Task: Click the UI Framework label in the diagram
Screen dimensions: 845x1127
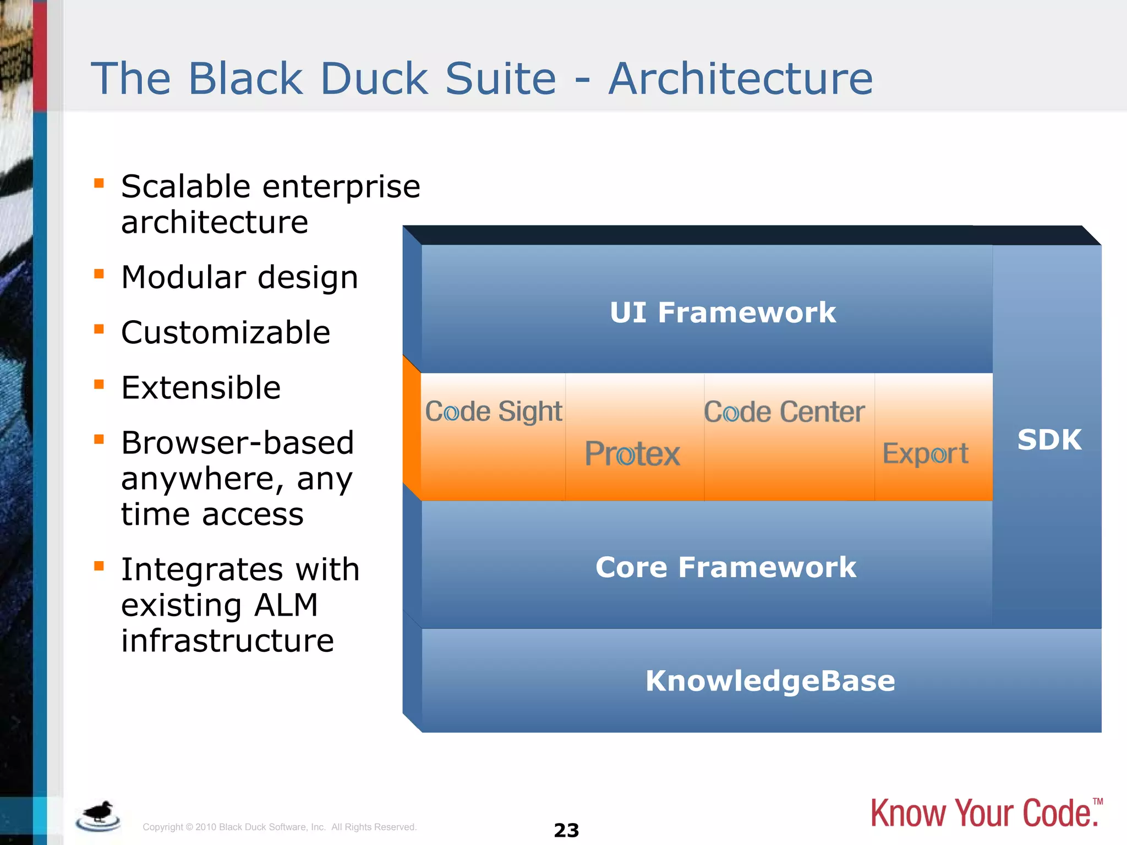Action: (723, 312)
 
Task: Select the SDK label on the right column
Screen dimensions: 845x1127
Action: (1049, 440)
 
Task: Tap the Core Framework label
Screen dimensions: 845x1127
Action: (725, 567)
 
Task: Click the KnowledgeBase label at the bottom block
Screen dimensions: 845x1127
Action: (770, 681)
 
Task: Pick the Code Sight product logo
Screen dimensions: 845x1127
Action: (494, 411)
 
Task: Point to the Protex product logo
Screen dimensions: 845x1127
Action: (632, 454)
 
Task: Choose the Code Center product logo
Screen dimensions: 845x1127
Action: (784, 412)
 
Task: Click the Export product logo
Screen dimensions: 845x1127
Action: (925, 454)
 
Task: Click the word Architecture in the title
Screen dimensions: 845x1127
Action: (740, 79)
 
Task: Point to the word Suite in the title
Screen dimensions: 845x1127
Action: (500, 79)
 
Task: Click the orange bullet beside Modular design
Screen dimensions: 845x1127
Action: (99, 273)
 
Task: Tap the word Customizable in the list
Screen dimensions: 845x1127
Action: (226, 332)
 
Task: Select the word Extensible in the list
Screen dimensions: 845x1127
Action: (201, 387)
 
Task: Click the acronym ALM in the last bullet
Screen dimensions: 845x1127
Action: (286, 605)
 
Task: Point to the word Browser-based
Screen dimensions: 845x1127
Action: (237, 443)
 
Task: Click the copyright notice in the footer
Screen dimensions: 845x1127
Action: (280, 827)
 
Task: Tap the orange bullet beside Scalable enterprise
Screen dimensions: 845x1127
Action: (99, 183)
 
